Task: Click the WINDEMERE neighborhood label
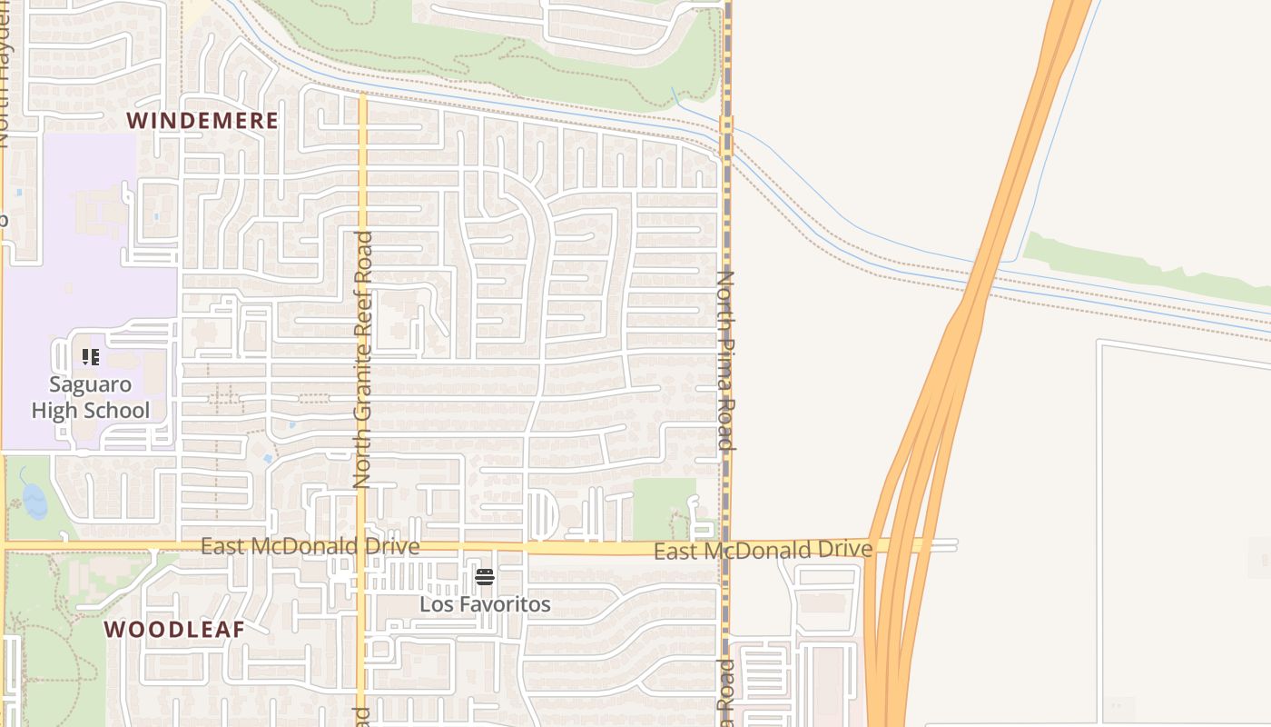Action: click(202, 121)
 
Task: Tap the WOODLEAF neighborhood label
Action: click(173, 629)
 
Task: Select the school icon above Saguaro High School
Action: click(90, 357)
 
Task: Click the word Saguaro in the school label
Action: click(91, 384)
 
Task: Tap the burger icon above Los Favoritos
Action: click(485, 577)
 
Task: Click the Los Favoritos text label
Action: click(485, 604)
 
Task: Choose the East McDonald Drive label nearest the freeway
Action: click(763, 550)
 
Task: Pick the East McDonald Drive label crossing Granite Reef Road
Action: click(310, 546)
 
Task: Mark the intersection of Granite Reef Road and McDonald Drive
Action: click(361, 547)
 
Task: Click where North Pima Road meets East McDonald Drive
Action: click(725, 547)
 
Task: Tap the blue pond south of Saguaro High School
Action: click(33, 501)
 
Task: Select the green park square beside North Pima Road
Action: click(664, 507)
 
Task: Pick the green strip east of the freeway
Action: click(1144, 268)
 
